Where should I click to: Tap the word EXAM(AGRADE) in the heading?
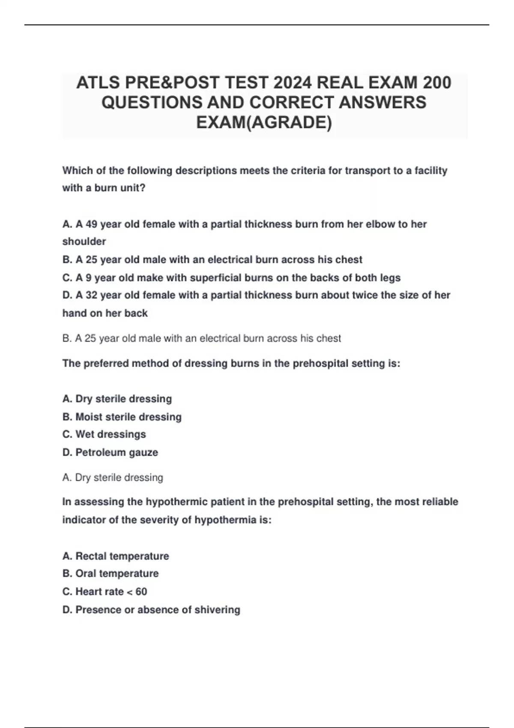(x=264, y=122)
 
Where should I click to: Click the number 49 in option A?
(x=91, y=224)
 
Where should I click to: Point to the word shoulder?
(x=84, y=242)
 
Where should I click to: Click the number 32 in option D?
(x=92, y=295)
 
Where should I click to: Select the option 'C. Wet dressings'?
(x=104, y=434)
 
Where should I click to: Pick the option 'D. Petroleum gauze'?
(x=110, y=452)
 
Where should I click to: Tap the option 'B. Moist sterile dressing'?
(x=122, y=417)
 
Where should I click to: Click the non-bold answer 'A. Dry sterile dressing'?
(x=113, y=477)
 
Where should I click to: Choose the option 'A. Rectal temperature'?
(x=116, y=556)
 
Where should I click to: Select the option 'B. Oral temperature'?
(x=111, y=573)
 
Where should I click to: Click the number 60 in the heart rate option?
(x=141, y=591)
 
